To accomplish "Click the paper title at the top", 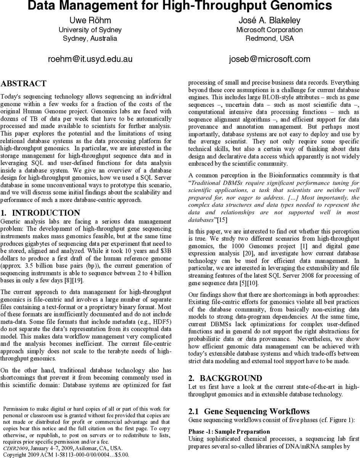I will (180, 6).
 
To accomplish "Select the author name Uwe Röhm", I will (90, 21).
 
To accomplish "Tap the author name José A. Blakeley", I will (270, 21).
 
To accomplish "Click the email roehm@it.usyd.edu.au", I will (90, 59).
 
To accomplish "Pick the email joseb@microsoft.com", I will (270, 59).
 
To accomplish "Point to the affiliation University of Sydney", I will (90, 30).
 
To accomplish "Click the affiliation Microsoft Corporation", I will (270, 30).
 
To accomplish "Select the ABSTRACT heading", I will (24, 84).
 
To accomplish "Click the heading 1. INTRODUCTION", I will (40, 213).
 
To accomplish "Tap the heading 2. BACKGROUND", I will (225, 378).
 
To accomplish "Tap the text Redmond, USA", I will (270, 39).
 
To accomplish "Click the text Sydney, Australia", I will (90, 39).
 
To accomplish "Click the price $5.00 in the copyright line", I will (122, 455).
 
